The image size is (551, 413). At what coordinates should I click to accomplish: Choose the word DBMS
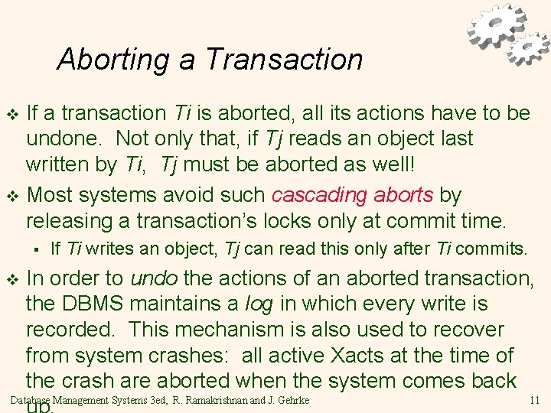pyautogui.click(x=99, y=304)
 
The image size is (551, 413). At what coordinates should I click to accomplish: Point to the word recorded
pyautogui.click(x=70, y=330)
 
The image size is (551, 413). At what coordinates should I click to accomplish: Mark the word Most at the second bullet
pyautogui.click(x=52, y=195)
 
